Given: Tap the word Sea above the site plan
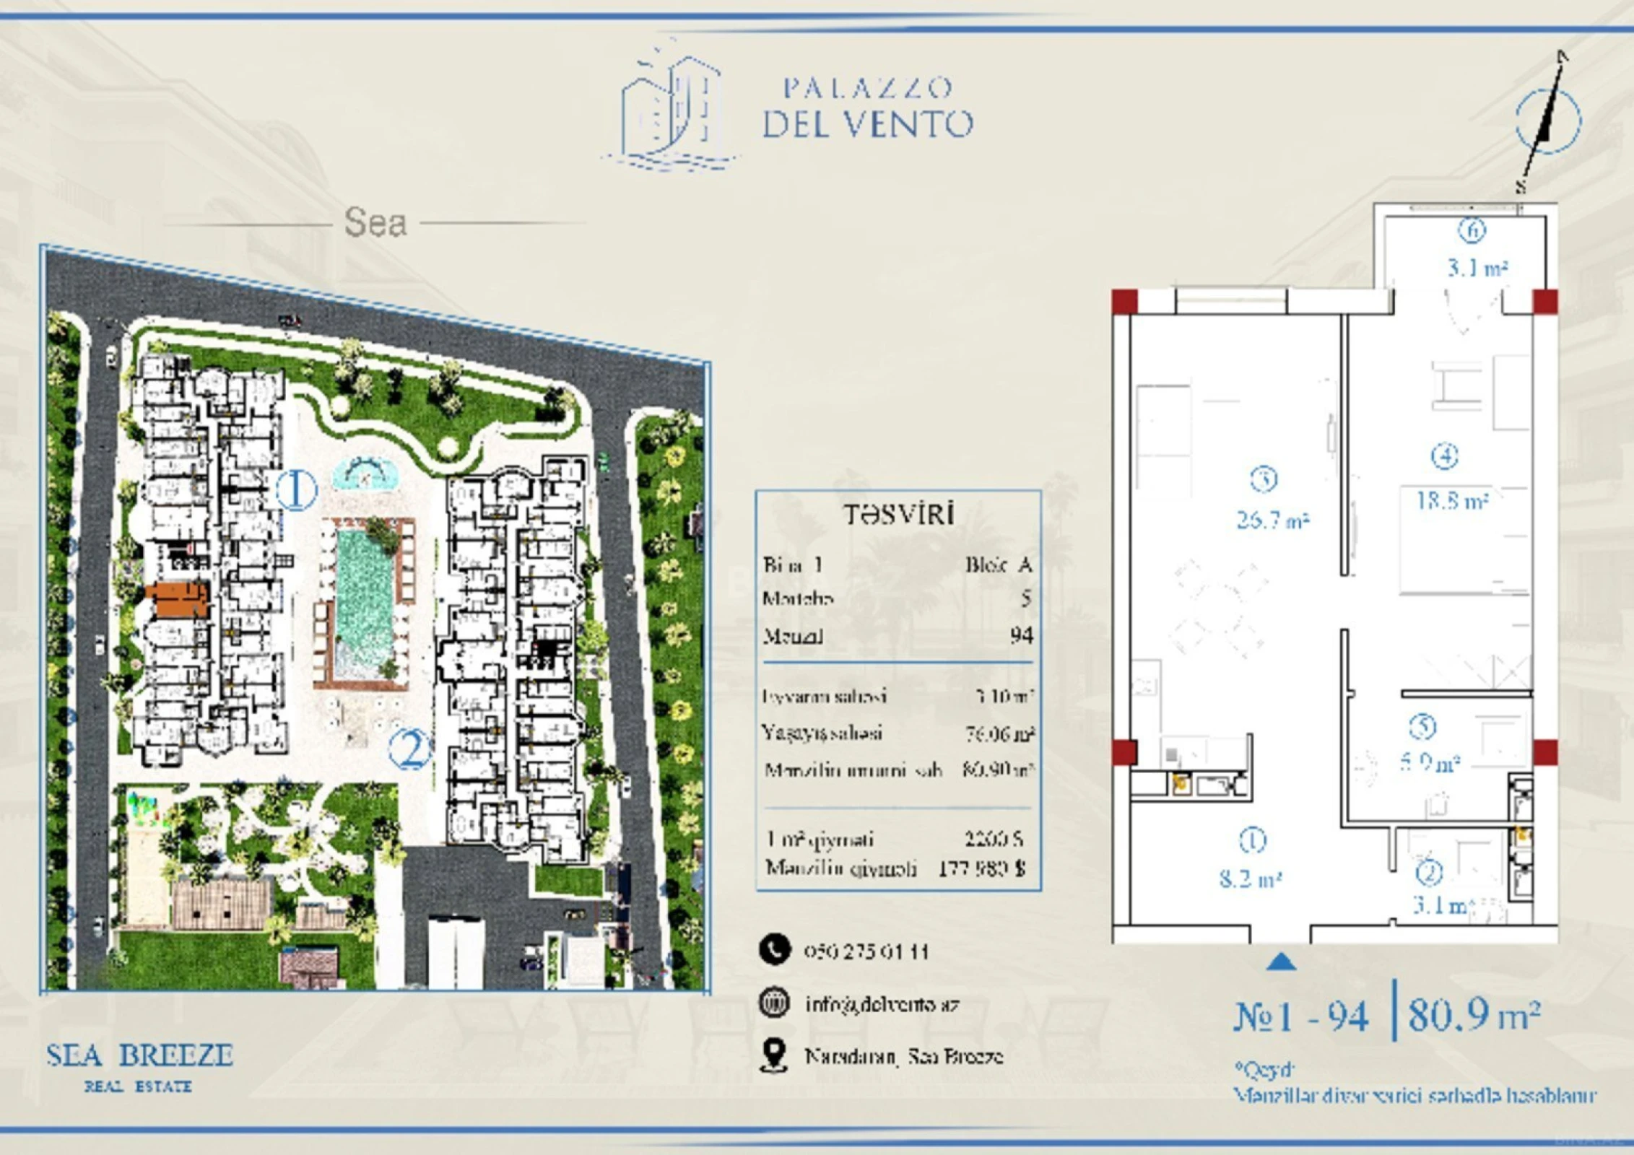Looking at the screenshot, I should click(375, 222).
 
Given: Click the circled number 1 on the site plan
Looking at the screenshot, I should click(296, 490).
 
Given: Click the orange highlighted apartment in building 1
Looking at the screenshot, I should click(178, 601).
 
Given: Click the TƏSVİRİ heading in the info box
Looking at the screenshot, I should click(899, 515).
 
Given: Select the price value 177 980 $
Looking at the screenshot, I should click(981, 868).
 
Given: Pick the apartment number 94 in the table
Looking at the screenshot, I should click(1021, 635).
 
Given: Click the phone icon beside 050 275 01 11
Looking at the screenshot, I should click(775, 950).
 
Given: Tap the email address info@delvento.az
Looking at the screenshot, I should click(882, 1004).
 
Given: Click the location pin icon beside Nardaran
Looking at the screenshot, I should click(774, 1055).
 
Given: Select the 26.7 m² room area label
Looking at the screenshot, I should click(1272, 520).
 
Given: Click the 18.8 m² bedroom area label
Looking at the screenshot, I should click(1452, 500).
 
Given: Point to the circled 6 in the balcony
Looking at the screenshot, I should click(1472, 230).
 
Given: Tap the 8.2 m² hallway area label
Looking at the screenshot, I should click(1250, 879).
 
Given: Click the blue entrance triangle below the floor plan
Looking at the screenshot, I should click(1281, 962).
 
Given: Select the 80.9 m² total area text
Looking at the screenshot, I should click(1474, 1014).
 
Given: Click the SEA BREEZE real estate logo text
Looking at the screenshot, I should click(139, 1056).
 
